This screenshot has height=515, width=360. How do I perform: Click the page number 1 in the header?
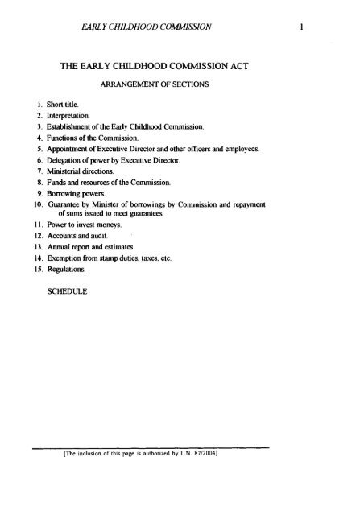(x=299, y=27)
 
